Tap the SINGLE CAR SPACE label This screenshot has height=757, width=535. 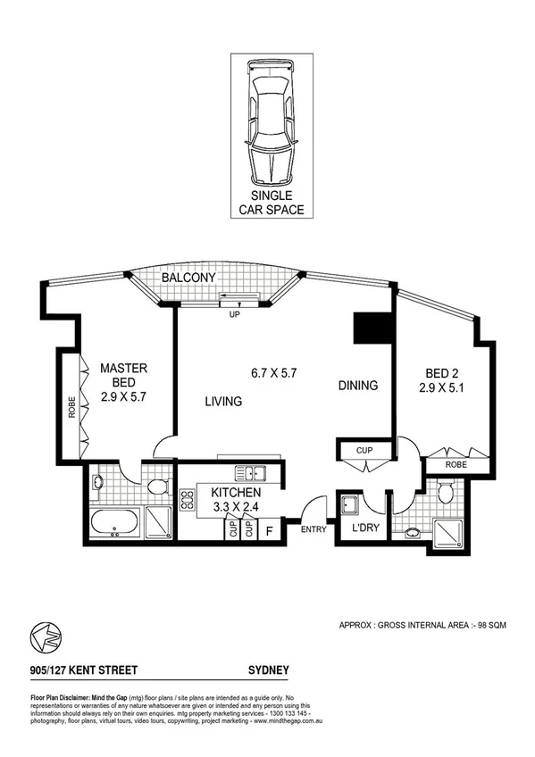[270, 203]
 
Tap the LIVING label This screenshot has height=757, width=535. [223, 402]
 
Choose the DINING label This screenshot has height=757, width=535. [358, 386]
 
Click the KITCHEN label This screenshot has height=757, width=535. [236, 493]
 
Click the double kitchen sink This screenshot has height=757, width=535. [246, 472]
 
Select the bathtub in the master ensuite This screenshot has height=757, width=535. [113, 524]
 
